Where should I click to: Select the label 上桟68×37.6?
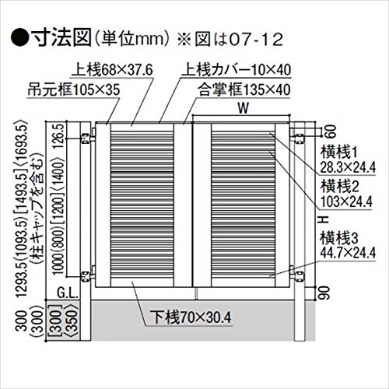[112, 70]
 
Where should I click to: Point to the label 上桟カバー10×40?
[236, 70]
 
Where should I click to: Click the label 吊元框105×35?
[74, 89]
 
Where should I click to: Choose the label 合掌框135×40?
[244, 89]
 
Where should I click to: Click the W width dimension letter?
[243, 108]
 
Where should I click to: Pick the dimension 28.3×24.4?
[348, 168]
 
